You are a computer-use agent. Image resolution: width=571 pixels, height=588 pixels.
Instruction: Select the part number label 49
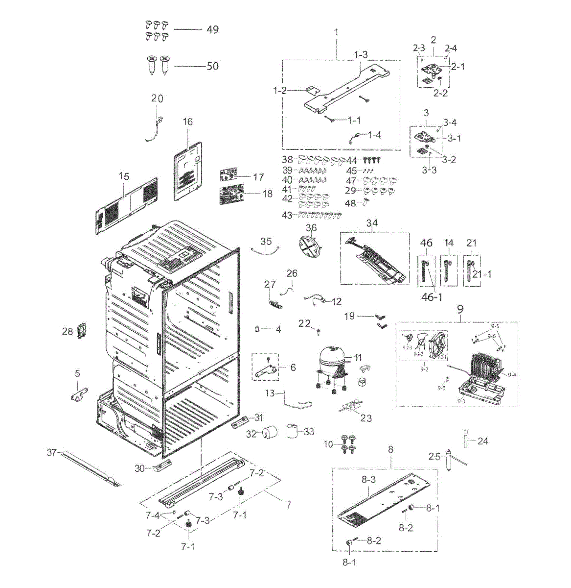(212, 29)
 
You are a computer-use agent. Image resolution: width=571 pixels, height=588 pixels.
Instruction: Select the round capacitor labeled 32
(269, 433)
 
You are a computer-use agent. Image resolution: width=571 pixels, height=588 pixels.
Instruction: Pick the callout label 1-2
(280, 91)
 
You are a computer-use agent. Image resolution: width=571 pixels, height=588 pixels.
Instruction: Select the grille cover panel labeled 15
(126, 201)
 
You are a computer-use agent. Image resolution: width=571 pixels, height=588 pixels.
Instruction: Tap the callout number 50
(212, 66)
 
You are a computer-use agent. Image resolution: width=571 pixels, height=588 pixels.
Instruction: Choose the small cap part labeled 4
(256, 329)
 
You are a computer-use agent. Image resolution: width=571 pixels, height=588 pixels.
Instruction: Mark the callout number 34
(372, 224)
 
